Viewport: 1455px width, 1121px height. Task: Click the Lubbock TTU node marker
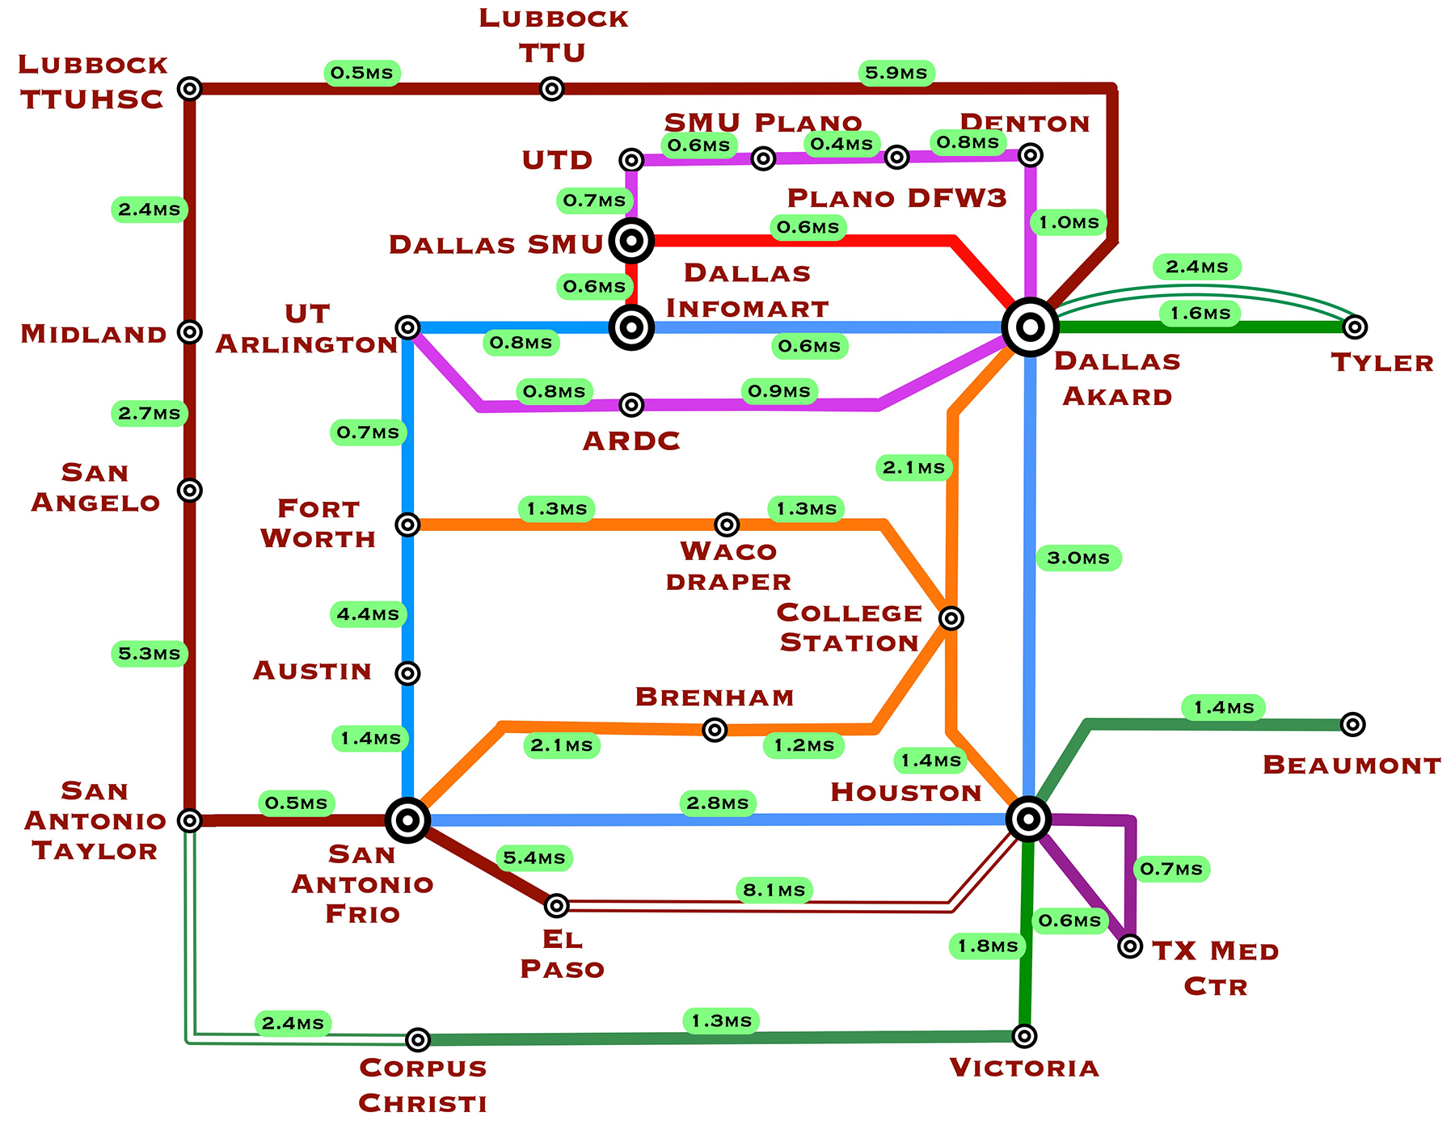(551, 88)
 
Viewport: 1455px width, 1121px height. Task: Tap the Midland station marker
(189, 331)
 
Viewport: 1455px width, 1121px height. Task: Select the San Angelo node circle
(189, 490)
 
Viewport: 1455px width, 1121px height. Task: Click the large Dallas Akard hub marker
(1030, 327)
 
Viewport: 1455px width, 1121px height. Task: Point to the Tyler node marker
(1355, 327)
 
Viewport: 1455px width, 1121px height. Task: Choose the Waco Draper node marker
(727, 525)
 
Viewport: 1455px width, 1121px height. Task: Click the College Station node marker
(951, 618)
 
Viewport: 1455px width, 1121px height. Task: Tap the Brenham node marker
(715, 730)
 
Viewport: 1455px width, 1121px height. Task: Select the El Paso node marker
(556, 906)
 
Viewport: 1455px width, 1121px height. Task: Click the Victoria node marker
(1024, 1035)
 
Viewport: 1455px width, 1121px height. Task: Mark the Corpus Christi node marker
(417, 1039)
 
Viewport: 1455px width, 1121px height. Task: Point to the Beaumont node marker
(1352, 724)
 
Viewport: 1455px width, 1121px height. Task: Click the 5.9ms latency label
(896, 73)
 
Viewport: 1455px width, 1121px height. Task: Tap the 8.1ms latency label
(774, 890)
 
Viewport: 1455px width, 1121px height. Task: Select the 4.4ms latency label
(368, 614)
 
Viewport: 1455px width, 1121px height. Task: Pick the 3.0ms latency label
(1078, 558)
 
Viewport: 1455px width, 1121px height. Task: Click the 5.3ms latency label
(150, 653)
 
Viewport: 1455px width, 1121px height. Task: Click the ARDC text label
(631, 441)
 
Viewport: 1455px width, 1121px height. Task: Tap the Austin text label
(312, 671)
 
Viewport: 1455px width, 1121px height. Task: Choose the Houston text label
(906, 792)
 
